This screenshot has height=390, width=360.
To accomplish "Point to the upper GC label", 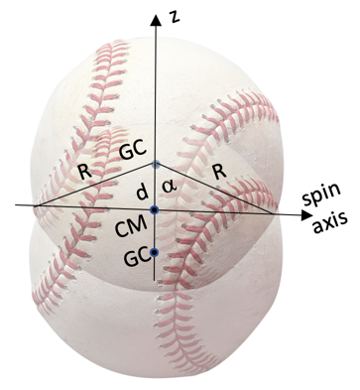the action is pyautogui.click(x=133, y=151).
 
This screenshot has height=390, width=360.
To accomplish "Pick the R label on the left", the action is pyautogui.click(x=85, y=171).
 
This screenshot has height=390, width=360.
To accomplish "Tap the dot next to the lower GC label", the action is pyautogui.click(x=155, y=256).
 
